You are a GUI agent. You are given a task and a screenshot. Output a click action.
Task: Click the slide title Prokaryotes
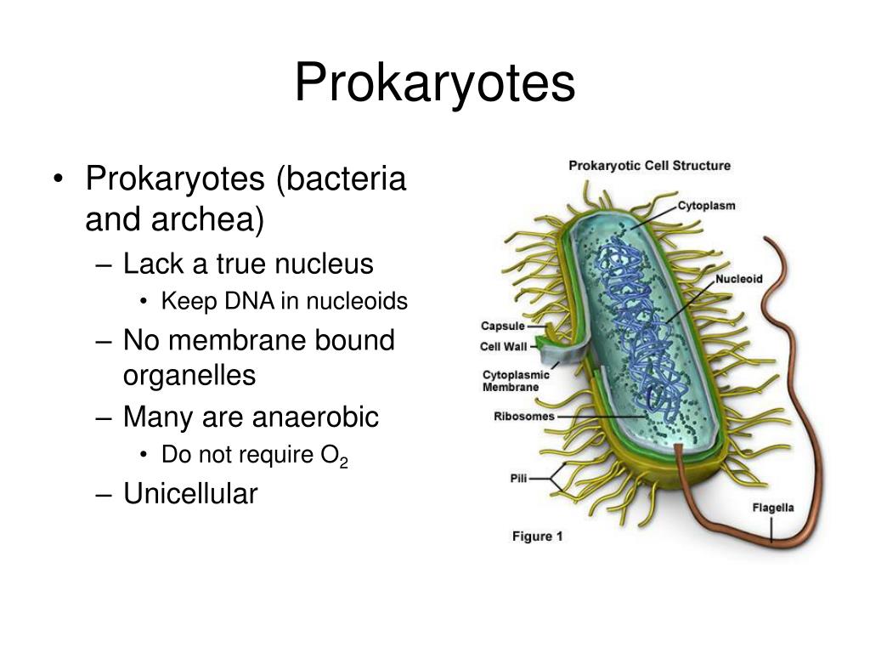coord(435,84)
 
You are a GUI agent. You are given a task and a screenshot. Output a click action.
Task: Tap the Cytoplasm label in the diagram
coord(706,206)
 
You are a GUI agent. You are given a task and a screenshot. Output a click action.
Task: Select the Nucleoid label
coord(738,279)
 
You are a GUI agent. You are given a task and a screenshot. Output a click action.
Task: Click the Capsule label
coord(502,326)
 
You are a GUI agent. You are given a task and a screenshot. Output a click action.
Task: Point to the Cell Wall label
coord(504,346)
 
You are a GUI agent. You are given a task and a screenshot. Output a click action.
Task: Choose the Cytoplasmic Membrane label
coord(516,381)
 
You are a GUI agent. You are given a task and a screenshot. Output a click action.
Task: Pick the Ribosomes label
coord(523,417)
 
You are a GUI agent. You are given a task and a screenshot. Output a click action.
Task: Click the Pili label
coord(517,479)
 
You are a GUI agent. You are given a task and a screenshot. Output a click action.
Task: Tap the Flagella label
coord(773,508)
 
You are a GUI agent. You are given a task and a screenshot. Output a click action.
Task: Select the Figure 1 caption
coord(537,537)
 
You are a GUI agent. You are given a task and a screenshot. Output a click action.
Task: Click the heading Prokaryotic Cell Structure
coord(649,166)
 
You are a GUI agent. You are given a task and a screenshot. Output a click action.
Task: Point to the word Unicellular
coord(189,493)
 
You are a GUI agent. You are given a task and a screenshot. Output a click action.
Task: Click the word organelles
coord(189,375)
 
